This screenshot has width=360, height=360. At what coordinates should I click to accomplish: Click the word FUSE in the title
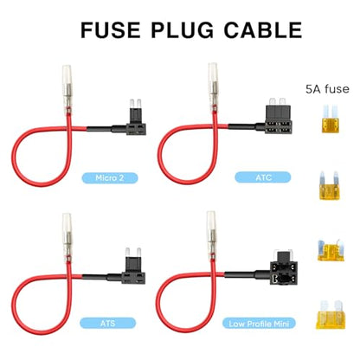[111, 30]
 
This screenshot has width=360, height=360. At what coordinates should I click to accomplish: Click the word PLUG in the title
[183, 30]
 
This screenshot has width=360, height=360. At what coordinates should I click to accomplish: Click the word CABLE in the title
[263, 30]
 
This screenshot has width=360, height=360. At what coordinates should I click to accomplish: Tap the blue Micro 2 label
[110, 177]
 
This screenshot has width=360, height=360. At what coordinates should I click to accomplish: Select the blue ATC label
[263, 177]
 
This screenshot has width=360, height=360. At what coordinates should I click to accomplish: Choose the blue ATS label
[107, 323]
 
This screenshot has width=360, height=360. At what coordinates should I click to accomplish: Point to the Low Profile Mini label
[259, 324]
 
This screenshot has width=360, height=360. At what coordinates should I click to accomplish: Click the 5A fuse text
[327, 89]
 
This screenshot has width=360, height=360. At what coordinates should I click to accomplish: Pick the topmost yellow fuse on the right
[330, 119]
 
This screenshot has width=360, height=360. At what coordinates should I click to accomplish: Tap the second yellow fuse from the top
[329, 186]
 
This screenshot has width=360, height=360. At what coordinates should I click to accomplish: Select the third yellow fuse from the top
[331, 250]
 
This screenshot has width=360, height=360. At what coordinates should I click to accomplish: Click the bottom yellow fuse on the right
[331, 315]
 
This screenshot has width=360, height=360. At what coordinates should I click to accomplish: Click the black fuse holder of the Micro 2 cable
[136, 122]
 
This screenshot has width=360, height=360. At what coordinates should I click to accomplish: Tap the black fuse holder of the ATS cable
[134, 270]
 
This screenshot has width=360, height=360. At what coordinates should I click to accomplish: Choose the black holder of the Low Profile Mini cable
[284, 268]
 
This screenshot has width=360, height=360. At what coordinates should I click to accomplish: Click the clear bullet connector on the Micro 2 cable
[67, 87]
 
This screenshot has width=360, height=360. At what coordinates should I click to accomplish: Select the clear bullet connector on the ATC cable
[213, 85]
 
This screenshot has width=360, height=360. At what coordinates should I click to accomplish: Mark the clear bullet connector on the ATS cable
[67, 235]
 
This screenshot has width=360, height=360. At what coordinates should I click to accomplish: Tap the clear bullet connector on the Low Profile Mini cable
[211, 234]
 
